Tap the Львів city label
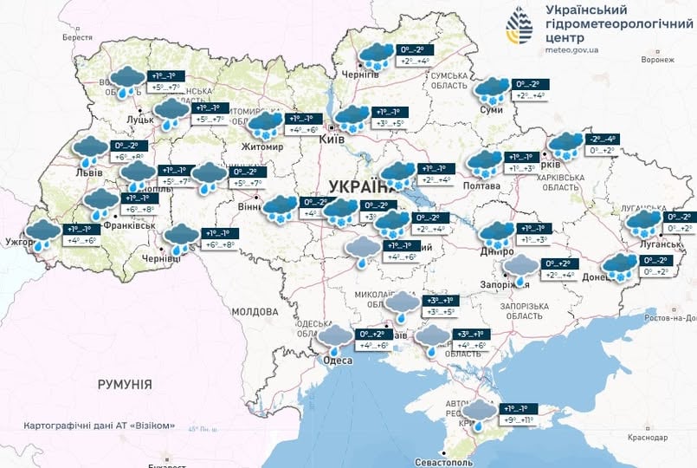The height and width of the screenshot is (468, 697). (90, 172)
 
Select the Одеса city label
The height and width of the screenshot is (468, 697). (338, 361)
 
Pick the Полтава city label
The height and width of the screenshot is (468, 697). (482, 185)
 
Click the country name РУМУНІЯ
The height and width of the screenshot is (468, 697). (125, 384)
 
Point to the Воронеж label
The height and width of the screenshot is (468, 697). (657, 60)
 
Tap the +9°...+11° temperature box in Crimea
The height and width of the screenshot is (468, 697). (521, 420)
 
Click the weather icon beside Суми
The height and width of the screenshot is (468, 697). (492, 90)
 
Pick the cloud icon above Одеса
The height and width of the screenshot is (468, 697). (336, 336)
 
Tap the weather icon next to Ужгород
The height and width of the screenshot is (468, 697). (42, 234)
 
